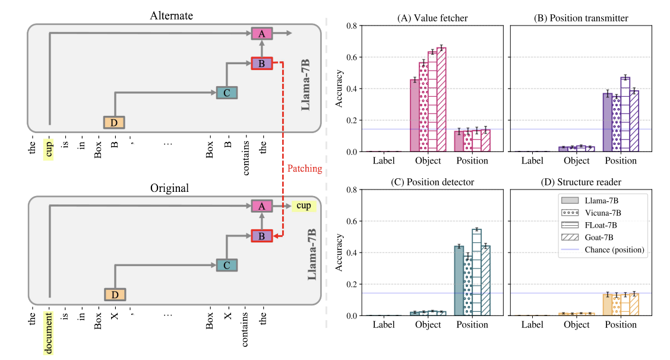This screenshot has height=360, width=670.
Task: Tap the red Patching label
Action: [x=305, y=169]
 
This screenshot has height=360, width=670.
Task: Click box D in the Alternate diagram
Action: [x=113, y=122]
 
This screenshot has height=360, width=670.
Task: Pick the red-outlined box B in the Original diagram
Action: [x=262, y=236]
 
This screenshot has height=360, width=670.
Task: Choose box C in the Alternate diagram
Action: [x=226, y=93]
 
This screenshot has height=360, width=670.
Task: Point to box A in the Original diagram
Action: [x=262, y=206]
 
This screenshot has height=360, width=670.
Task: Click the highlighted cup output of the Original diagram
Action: [x=304, y=206]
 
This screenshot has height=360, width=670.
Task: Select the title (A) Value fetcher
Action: [x=432, y=18]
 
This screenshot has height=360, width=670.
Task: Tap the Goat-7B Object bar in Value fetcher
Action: [x=441, y=99]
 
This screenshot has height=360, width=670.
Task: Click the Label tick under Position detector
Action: [x=383, y=325]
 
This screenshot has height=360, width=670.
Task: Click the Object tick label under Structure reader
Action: [x=577, y=325]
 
